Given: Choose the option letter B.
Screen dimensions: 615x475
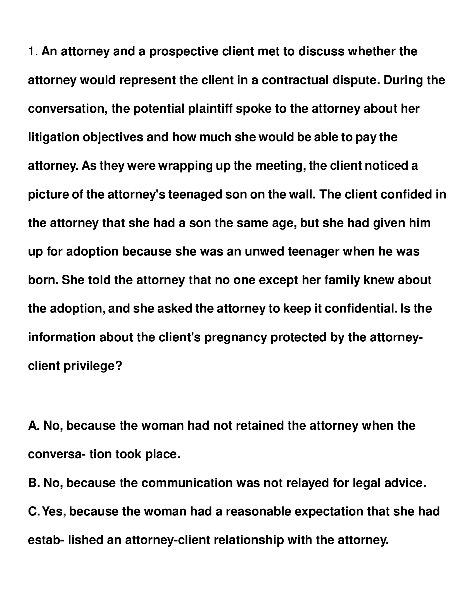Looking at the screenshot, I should (x=33, y=483).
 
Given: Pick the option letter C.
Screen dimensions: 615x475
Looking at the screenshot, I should (x=33, y=511).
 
